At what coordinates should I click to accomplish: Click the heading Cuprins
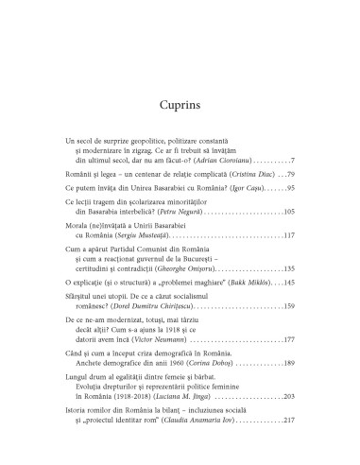click(x=180, y=77)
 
